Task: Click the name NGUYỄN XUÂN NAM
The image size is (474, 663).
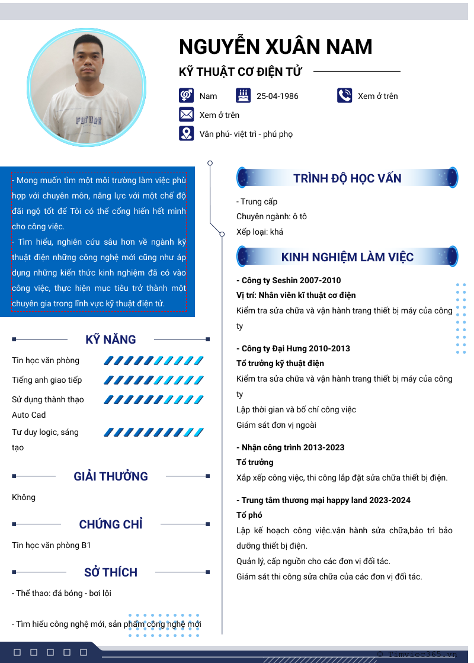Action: pos(276,47)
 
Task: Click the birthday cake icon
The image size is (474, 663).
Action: pos(243,95)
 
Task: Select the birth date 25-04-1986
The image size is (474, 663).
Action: pos(277,96)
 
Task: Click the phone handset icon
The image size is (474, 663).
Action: pos(344,95)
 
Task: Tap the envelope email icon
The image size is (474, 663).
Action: pos(187,115)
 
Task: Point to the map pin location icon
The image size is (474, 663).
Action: pos(187,133)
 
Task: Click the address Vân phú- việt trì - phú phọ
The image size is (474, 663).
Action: pos(246,134)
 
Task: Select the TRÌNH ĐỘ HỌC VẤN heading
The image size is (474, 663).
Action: pos(347,178)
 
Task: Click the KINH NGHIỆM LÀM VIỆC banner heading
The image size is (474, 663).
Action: pos(347,257)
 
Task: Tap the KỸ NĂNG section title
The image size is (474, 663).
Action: pos(111,339)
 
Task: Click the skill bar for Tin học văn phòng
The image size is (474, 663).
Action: pos(153,360)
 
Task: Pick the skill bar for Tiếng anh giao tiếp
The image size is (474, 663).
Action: pos(153,380)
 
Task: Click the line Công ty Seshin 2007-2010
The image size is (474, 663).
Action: pos(289,280)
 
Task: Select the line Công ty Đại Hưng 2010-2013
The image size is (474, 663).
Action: pos(293,348)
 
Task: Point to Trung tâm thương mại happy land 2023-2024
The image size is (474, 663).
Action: pos(324,500)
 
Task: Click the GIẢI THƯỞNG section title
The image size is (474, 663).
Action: pos(111,476)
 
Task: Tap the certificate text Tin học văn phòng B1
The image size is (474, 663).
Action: pos(52,545)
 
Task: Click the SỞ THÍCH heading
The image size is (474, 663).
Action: pos(111,572)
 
